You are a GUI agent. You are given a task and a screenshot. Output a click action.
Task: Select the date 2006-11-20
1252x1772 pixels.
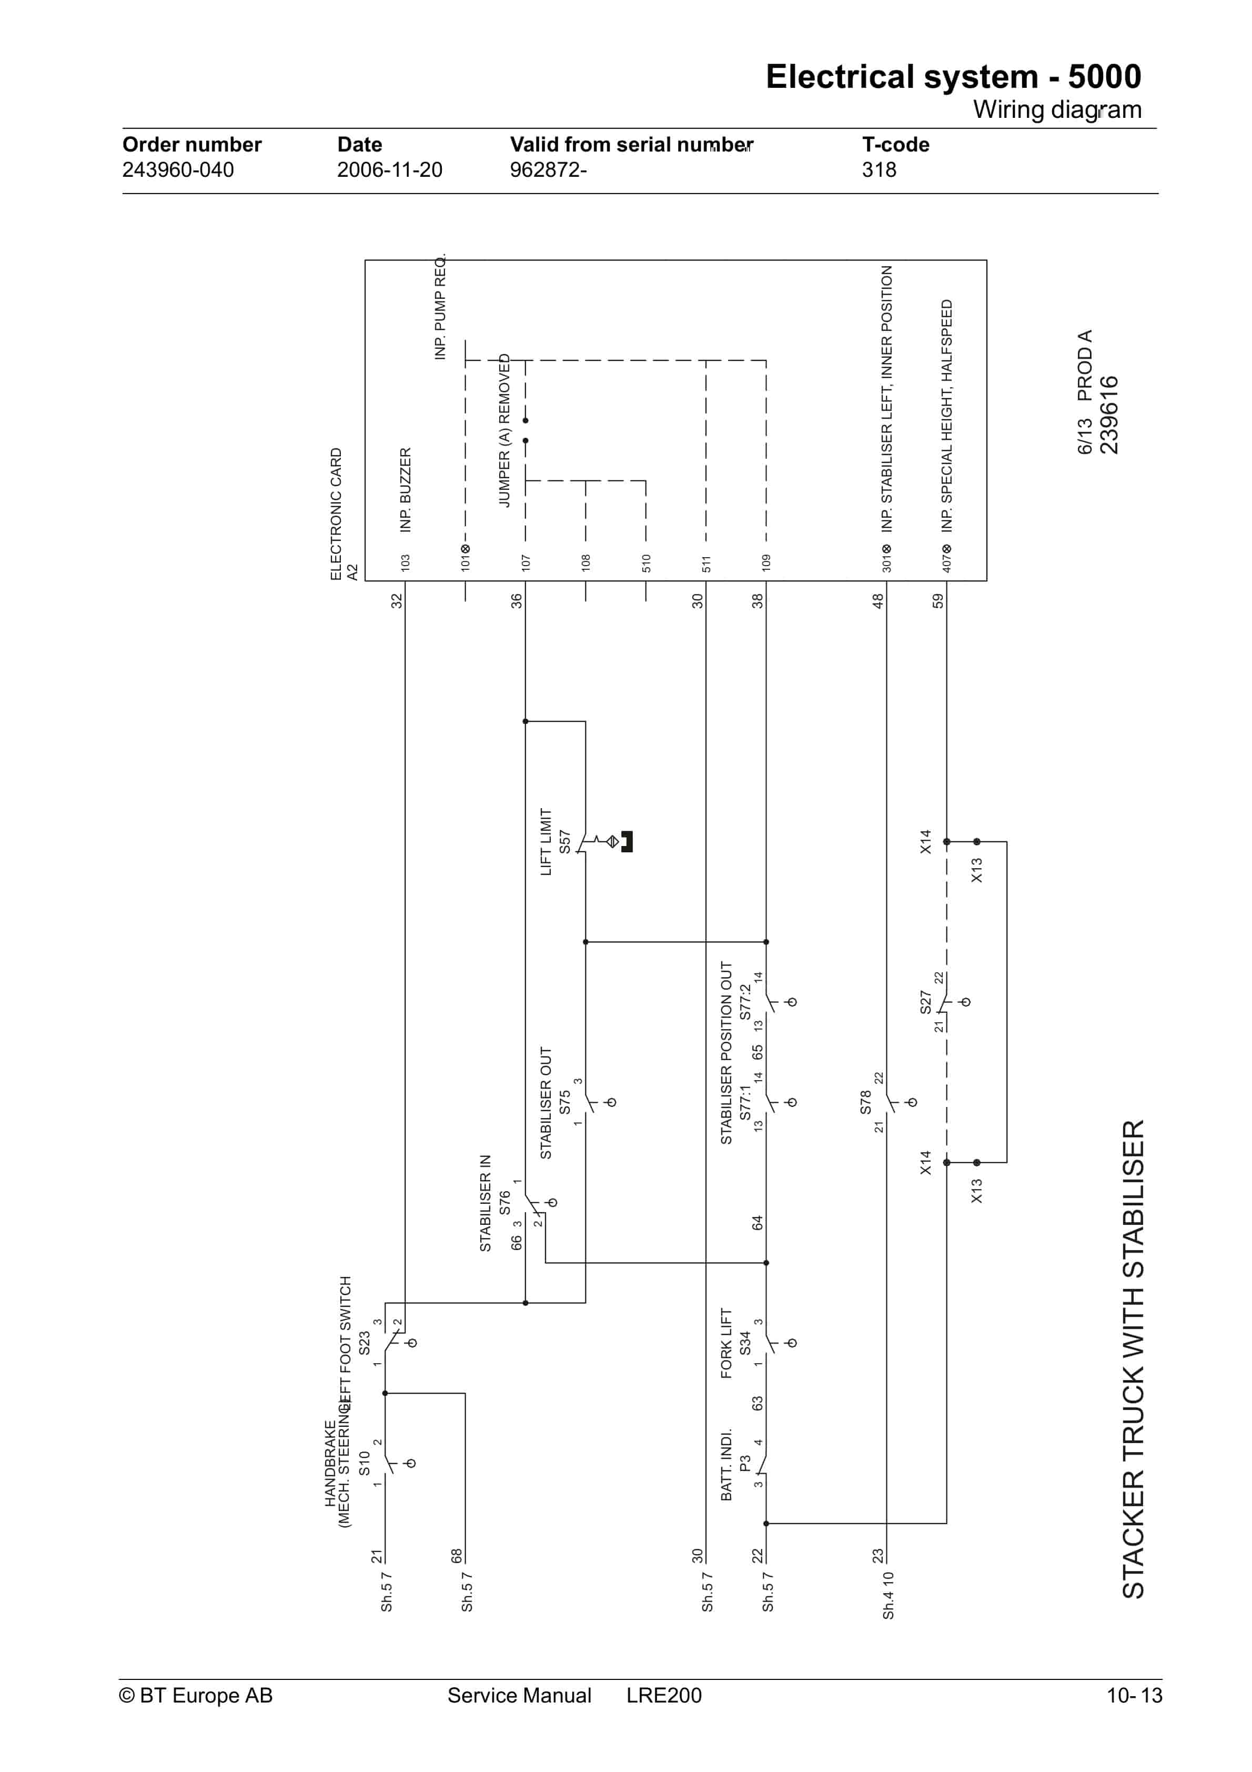point(389,170)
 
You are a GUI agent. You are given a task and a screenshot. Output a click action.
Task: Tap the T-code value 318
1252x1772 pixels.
point(879,170)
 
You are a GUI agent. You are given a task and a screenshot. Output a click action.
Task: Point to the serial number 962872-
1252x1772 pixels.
point(548,170)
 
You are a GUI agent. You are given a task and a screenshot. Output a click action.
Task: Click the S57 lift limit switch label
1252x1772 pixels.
point(564,841)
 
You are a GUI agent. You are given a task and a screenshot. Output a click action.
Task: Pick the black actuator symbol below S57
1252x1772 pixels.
point(627,841)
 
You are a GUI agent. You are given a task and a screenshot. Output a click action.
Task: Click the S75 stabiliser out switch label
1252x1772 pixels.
point(564,1101)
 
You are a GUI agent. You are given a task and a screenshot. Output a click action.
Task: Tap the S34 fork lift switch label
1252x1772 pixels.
point(745,1343)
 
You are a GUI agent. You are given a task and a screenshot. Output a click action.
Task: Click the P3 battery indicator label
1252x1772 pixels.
point(745,1463)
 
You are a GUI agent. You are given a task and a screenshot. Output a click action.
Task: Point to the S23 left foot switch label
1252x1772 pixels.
point(365,1343)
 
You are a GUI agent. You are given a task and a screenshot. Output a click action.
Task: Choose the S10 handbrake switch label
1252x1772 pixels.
point(365,1463)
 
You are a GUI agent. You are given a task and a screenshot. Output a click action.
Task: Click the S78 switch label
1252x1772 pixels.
point(865,1101)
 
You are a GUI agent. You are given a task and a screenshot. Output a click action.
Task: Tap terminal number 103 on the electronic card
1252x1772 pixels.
point(405,562)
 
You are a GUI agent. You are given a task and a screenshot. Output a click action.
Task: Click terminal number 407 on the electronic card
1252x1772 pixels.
point(946,562)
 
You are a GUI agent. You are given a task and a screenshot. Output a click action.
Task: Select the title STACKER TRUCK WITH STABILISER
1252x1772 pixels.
point(1133,1358)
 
